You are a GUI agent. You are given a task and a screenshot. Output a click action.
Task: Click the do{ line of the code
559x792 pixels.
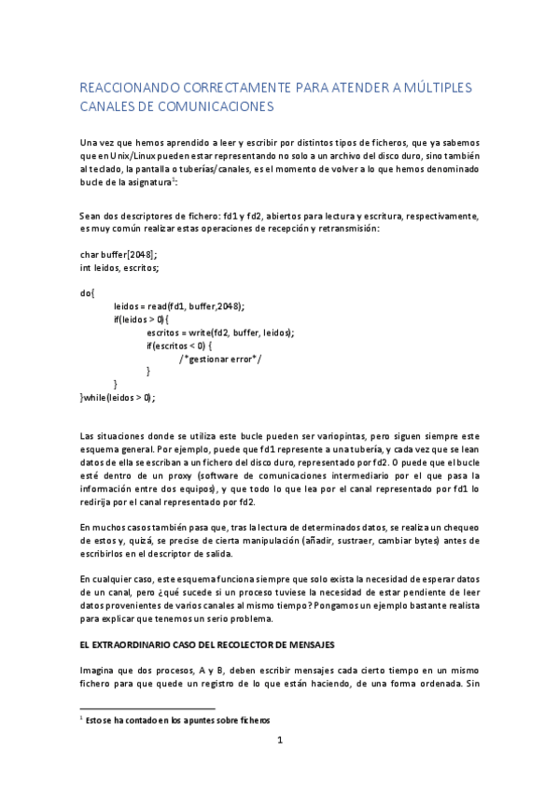[88, 293]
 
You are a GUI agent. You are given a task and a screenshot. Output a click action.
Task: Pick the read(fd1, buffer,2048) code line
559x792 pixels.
[185, 306]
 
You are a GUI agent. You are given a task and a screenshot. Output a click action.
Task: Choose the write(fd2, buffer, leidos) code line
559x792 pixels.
[220, 332]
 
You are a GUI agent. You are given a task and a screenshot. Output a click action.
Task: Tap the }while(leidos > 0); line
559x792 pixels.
[118, 397]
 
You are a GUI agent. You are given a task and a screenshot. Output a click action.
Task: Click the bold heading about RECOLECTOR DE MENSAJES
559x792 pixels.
[203, 645]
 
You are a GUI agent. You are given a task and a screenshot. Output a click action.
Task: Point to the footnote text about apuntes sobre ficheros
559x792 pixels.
[177, 721]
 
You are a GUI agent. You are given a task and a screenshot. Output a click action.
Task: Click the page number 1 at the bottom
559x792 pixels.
[279, 743]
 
